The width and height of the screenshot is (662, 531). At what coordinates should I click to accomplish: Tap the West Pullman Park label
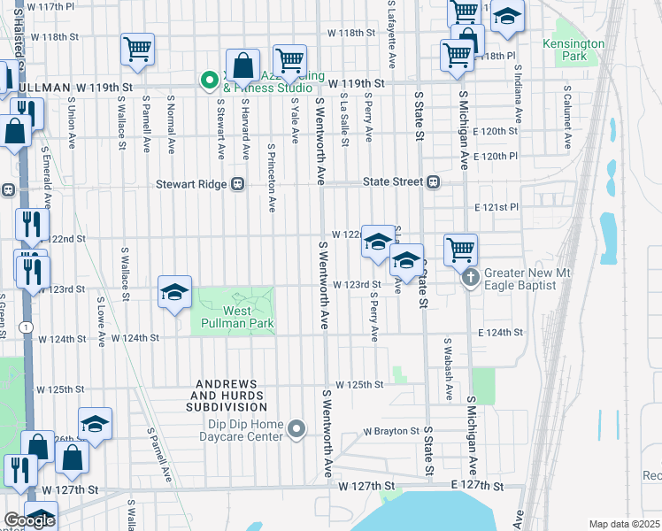233,317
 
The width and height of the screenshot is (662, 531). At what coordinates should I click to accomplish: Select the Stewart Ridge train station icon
237,184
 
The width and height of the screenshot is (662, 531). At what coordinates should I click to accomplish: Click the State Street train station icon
433,182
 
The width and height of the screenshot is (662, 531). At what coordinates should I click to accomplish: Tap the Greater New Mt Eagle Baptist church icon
471,278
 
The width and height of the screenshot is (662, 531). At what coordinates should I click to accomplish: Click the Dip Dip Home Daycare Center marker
296,430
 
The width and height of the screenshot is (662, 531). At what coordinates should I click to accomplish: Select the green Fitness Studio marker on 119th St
210,81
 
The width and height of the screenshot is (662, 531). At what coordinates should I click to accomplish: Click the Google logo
29,520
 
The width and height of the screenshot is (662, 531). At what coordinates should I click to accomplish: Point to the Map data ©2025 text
623,524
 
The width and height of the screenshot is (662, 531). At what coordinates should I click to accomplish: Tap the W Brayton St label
390,432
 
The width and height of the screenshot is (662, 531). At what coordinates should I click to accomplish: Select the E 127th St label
476,487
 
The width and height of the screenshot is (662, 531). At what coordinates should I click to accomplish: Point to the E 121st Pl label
496,207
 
